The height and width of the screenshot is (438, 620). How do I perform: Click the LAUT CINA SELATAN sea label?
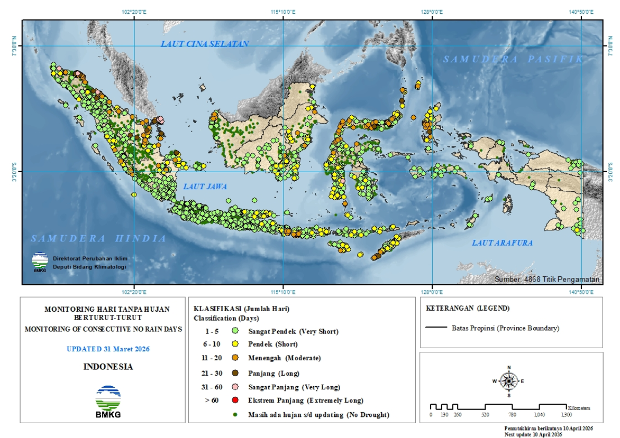click(x=205, y=44)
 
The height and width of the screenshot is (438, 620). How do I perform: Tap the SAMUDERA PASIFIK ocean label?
click(x=513, y=59)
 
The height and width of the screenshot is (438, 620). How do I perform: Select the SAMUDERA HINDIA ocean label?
click(x=98, y=238)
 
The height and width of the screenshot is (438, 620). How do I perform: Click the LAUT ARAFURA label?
click(x=502, y=243)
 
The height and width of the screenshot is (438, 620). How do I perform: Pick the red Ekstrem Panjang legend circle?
click(x=235, y=400)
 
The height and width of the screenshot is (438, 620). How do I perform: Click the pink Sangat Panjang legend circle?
click(x=235, y=387)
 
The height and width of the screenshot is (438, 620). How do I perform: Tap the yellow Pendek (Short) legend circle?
click(x=235, y=344)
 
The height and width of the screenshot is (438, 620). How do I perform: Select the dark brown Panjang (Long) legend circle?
click(x=235, y=373)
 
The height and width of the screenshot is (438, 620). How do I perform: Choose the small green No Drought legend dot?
click(x=235, y=415)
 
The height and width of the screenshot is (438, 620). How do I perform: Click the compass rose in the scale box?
click(x=509, y=380)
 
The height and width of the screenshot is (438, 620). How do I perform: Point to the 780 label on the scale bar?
click(x=512, y=415)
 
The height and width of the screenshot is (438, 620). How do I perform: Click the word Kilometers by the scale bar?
click(x=579, y=408)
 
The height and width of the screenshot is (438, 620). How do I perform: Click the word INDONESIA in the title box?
click(x=108, y=367)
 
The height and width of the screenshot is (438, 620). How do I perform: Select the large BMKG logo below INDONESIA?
click(x=108, y=402)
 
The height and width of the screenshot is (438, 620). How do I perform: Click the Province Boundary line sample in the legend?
click(x=436, y=328)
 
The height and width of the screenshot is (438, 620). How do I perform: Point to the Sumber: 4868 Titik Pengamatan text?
click(x=547, y=279)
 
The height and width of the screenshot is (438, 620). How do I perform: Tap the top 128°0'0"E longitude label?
click(x=432, y=12)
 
